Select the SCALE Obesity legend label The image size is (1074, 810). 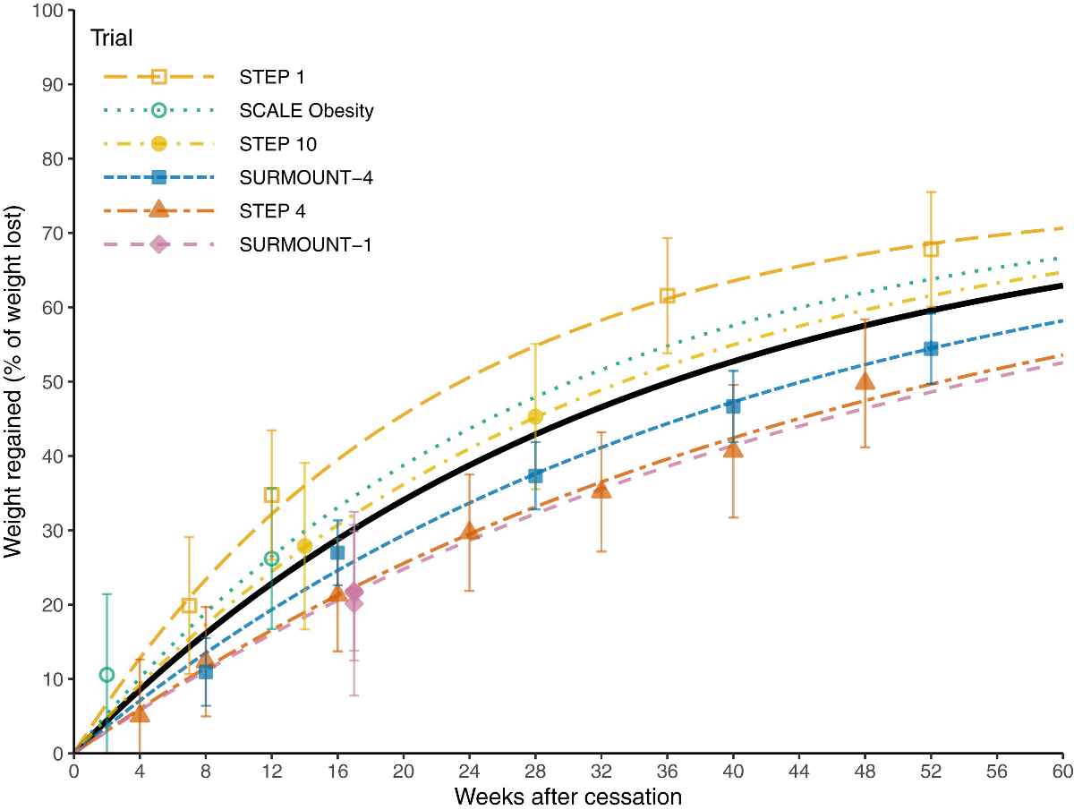[x=306, y=111]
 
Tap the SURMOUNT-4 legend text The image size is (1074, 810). [x=306, y=177]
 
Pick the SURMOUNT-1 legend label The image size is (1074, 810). [x=306, y=244]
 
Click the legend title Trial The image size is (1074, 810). [x=111, y=38]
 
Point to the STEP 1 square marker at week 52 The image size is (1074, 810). [x=931, y=249]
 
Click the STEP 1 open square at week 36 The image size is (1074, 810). [x=667, y=296]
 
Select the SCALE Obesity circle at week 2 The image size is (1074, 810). [x=107, y=675]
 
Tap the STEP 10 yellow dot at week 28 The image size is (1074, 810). [x=535, y=416]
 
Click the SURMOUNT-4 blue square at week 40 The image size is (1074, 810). [x=733, y=405]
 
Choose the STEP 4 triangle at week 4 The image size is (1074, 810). [x=140, y=713]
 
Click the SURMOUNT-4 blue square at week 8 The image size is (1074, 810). [x=206, y=671]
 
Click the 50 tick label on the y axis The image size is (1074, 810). [x=53, y=382]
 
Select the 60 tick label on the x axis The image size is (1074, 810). [x=1062, y=772]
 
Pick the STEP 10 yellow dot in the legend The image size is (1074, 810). [x=158, y=143]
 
